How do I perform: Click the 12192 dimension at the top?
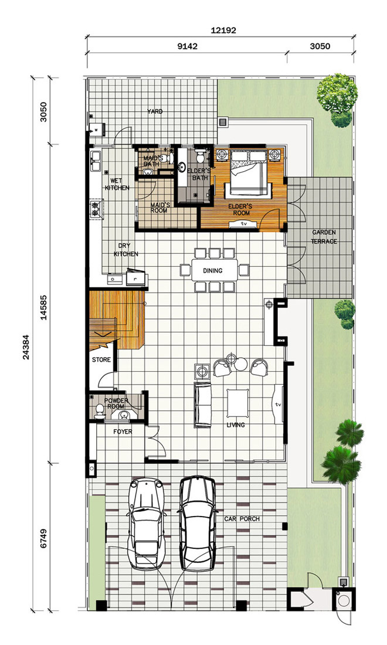(x=223, y=30)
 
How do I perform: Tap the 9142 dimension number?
(x=187, y=46)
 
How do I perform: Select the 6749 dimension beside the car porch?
(x=43, y=538)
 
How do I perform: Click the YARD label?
(x=155, y=111)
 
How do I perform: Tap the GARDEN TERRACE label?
(x=324, y=237)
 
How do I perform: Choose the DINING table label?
(x=213, y=271)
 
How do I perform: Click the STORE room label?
(x=101, y=360)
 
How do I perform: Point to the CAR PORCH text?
(x=242, y=519)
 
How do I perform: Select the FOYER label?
(x=123, y=432)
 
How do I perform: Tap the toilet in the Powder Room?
(x=99, y=411)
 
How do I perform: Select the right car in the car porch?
(x=198, y=524)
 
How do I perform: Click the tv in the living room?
(x=279, y=405)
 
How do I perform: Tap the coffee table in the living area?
(x=237, y=403)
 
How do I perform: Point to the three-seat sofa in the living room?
(x=202, y=405)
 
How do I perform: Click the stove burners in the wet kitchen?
(x=97, y=209)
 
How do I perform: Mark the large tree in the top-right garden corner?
(x=337, y=94)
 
